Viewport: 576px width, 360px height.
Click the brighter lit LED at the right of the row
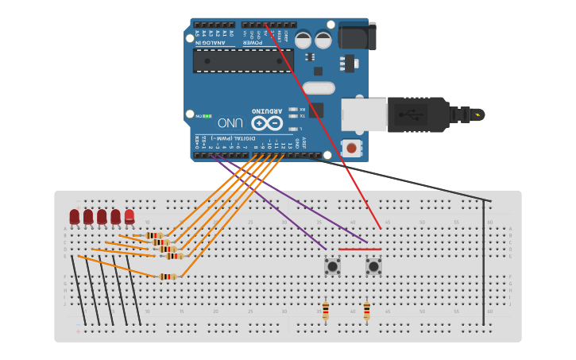tap(130, 215)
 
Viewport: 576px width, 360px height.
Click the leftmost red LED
tap(75, 216)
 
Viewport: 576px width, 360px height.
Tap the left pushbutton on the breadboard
tap(332, 266)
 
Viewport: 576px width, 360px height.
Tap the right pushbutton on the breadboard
tap(373, 266)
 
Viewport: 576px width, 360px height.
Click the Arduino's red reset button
tap(350, 147)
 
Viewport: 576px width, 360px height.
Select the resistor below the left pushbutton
tap(325, 310)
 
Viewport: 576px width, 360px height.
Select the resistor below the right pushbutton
tap(366, 310)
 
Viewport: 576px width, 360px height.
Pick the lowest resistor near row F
tap(167, 277)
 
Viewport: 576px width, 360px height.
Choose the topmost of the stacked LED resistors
tap(155, 235)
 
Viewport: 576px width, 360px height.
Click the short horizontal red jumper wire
tap(359, 249)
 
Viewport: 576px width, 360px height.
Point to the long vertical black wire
tap(484, 262)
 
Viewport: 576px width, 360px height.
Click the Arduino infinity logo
tap(267, 123)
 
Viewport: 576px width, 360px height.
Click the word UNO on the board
tap(230, 123)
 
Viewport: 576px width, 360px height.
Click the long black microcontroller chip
tap(243, 60)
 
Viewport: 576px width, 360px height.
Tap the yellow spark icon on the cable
tap(477, 115)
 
